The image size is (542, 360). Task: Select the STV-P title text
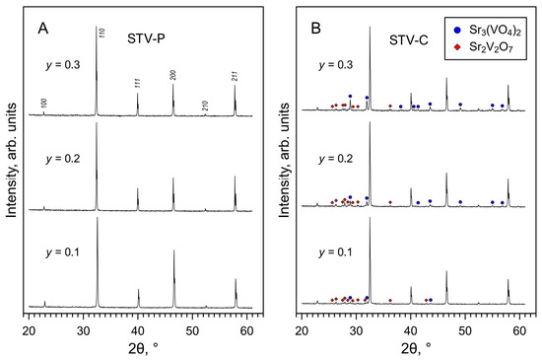coord(146,40)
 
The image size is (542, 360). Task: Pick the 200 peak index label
coord(173,75)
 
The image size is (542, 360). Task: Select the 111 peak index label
coord(139,82)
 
